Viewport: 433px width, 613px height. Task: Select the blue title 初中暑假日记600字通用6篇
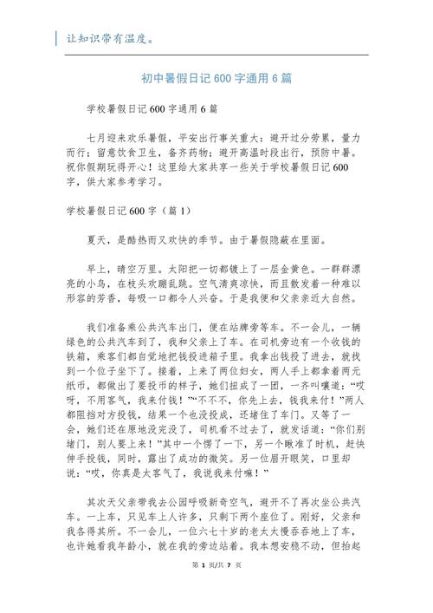[x=216, y=78]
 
